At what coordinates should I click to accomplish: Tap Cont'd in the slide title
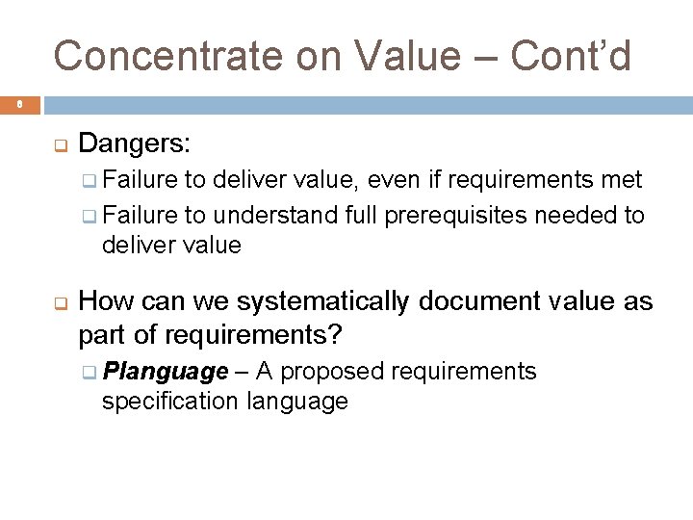click(x=571, y=56)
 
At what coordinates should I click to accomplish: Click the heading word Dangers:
click(x=135, y=144)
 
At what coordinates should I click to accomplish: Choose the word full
click(x=362, y=214)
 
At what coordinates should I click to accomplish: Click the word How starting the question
click(x=105, y=302)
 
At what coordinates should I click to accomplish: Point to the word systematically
click(x=323, y=302)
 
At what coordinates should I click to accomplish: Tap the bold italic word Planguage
click(x=166, y=372)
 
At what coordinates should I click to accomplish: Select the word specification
click(x=169, y=402)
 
